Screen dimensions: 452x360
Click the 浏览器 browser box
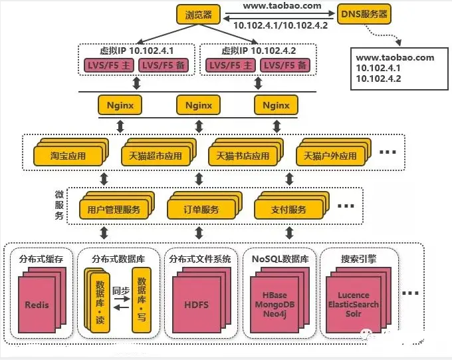point(199,15)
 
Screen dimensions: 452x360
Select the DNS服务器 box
point(364,14)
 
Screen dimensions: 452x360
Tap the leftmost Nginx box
point(120,105)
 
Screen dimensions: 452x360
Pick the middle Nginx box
point(198,105)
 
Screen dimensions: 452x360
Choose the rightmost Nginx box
point(276,105)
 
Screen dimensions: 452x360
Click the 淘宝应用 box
point(68,156)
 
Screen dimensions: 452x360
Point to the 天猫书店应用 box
point(243,156)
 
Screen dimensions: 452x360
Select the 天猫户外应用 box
point(330,156)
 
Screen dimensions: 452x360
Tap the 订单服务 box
point(201,210)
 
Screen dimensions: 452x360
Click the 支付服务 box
point(288,210)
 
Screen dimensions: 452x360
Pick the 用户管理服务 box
point(114,210)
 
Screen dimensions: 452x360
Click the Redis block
point(37,305)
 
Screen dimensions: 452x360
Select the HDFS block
point(196,305)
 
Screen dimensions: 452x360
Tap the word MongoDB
point(275,305)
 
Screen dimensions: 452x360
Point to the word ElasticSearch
point(354,305)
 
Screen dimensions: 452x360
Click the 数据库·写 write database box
point(142,300)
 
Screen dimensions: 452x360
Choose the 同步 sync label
point(121,291)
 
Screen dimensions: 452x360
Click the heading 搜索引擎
point(359,259)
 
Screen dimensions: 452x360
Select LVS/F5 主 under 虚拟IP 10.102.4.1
point(109,65)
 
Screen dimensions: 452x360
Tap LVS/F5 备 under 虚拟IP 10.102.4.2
point(285,65)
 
